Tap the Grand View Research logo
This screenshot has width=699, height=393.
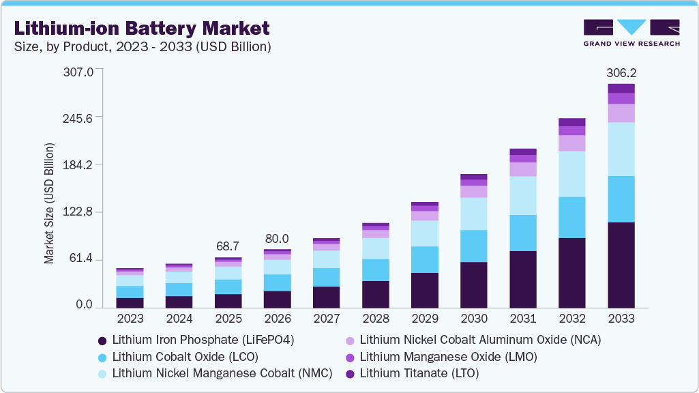(631, 33)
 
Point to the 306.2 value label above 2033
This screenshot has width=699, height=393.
(621, 72)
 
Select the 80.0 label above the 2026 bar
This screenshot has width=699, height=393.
(277, 239)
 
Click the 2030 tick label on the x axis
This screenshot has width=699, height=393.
(474, 319)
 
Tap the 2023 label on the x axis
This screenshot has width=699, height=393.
(130, 319)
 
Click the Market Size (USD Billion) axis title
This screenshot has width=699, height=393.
(49, 203)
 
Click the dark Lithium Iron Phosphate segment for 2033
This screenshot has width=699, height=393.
(621, 265)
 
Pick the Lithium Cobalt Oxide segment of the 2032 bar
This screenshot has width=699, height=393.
(572, 217)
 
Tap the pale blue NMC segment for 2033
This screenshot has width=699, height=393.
(621, 149)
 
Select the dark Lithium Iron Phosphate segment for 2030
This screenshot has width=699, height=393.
(474, 285)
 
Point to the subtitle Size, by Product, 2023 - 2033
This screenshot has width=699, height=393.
(143, 47)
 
